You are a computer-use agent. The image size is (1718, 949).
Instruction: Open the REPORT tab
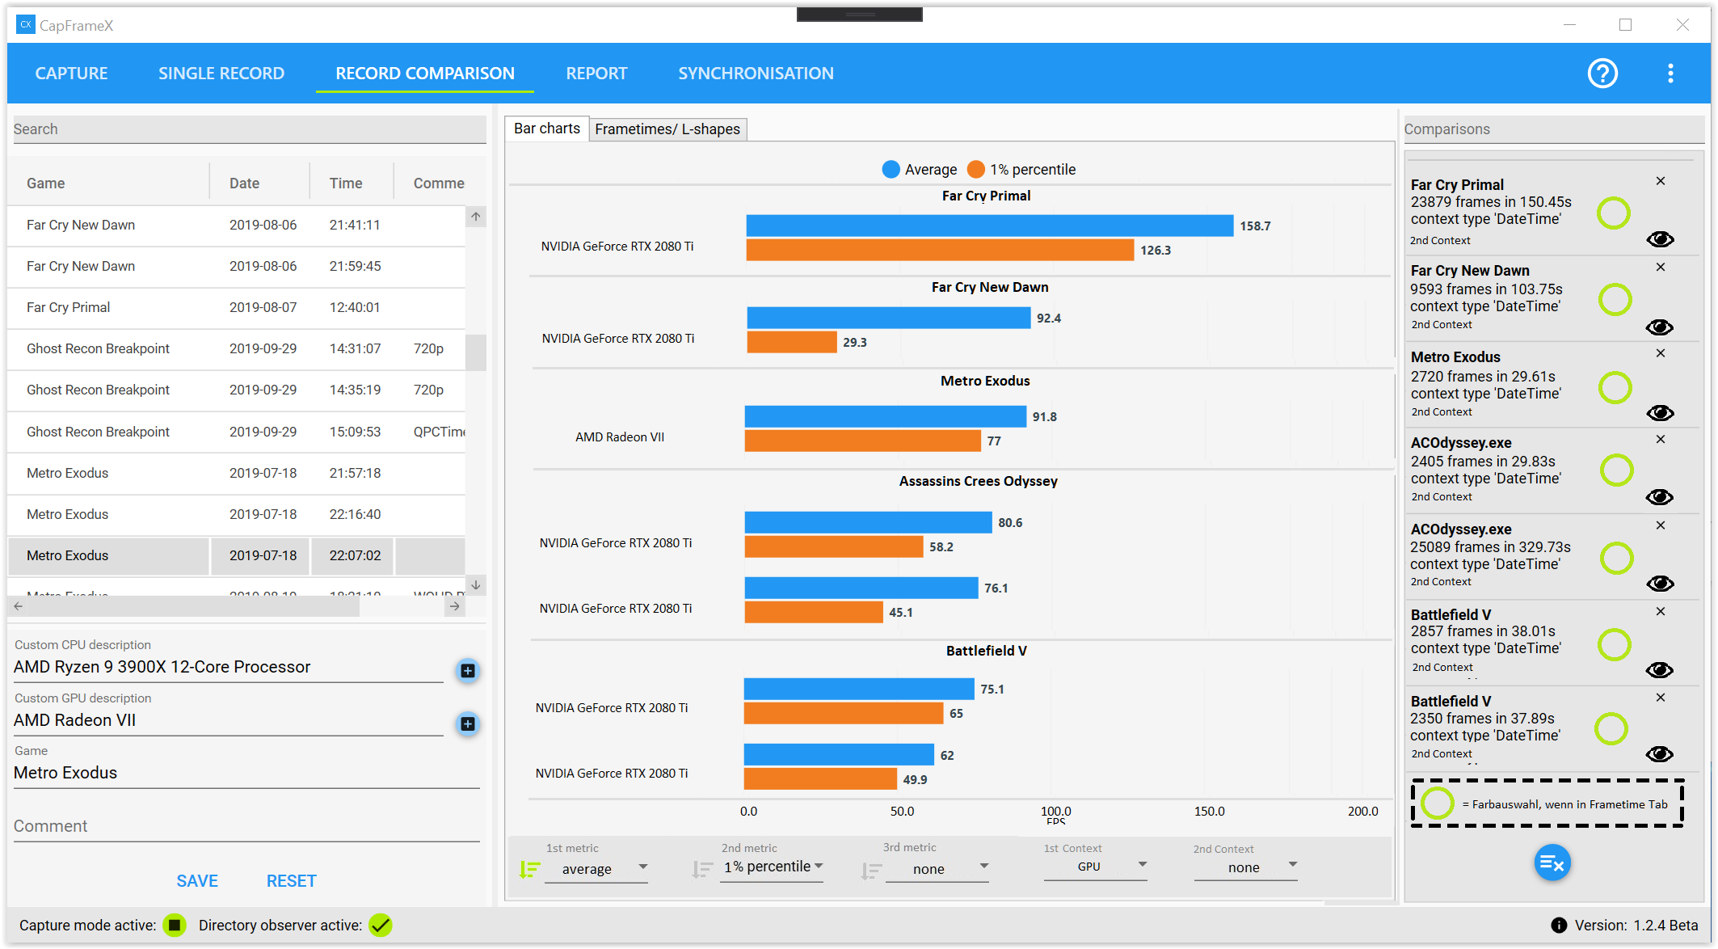pos(596,74)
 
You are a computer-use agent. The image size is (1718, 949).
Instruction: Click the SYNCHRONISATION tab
pos(756,74)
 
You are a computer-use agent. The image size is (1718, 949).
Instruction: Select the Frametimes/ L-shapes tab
pos(667,129)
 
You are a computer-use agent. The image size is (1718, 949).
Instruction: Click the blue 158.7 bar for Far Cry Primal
pos(989,226)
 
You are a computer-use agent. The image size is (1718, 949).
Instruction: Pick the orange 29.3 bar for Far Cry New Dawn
pos(791,342)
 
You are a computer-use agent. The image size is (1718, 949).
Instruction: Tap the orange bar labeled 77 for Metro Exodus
pos(862,441)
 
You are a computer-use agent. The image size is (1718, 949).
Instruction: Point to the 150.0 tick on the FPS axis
pos(1209,812)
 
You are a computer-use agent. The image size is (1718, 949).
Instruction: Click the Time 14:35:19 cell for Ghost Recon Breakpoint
pos(355,390)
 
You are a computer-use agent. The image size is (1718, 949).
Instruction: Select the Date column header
pos(244,183)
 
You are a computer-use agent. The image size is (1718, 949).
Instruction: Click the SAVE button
pos(197,881)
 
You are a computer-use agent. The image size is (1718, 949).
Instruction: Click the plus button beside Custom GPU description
pos(467,723)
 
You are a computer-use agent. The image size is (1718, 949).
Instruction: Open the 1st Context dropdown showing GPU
pos(1095,867)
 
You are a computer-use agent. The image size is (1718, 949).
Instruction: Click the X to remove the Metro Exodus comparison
pos(1661,353)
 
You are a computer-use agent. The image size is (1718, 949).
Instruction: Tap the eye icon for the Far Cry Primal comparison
pos(1660,239)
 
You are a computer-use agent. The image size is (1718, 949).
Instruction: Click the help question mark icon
pos(1602,74)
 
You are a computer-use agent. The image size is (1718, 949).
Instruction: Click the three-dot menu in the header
pos(1670,74)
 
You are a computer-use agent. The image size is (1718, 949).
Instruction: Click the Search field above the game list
pos(249,129)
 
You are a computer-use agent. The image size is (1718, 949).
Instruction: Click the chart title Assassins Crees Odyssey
pos(978,482)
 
